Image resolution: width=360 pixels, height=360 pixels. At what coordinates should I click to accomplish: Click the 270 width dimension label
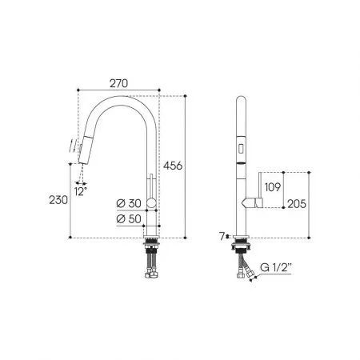coord(118,83)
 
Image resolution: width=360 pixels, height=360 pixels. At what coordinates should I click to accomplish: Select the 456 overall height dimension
coord(173,166)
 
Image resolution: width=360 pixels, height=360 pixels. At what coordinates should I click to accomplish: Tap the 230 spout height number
coord(58,200)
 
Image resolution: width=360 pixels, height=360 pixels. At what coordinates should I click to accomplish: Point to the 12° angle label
coord(81,191)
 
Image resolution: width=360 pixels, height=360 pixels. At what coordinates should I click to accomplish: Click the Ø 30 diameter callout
coord(129,203)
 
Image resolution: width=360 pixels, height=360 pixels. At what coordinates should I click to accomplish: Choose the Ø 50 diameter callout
coord(129,219)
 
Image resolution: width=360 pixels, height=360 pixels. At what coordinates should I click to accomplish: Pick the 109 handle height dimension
coord(273,187)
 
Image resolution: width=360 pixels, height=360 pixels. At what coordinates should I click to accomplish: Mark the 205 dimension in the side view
coord(297,204)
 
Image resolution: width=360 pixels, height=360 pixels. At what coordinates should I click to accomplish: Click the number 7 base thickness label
coord(222,236)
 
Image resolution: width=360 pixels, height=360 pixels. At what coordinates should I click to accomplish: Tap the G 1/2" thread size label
coord(275,267)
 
